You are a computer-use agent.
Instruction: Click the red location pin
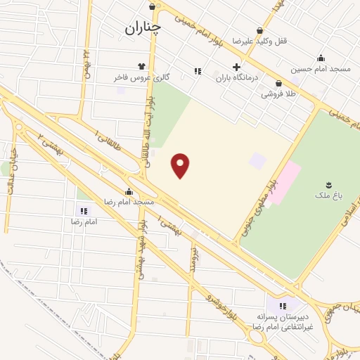point(181,165)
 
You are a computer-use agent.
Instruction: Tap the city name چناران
point(143,27)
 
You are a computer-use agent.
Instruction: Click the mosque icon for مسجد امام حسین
point(321,58)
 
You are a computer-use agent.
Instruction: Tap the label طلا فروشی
point(278,94)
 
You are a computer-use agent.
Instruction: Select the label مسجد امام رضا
point(129,202)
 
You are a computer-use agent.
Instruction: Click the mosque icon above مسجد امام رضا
point(129,191)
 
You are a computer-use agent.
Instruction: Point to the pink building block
point(283,181)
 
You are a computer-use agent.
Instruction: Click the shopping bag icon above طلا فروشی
point(279,83)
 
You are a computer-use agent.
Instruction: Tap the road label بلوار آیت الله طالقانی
point(149,137)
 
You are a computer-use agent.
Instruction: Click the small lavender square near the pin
point(258,160)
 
